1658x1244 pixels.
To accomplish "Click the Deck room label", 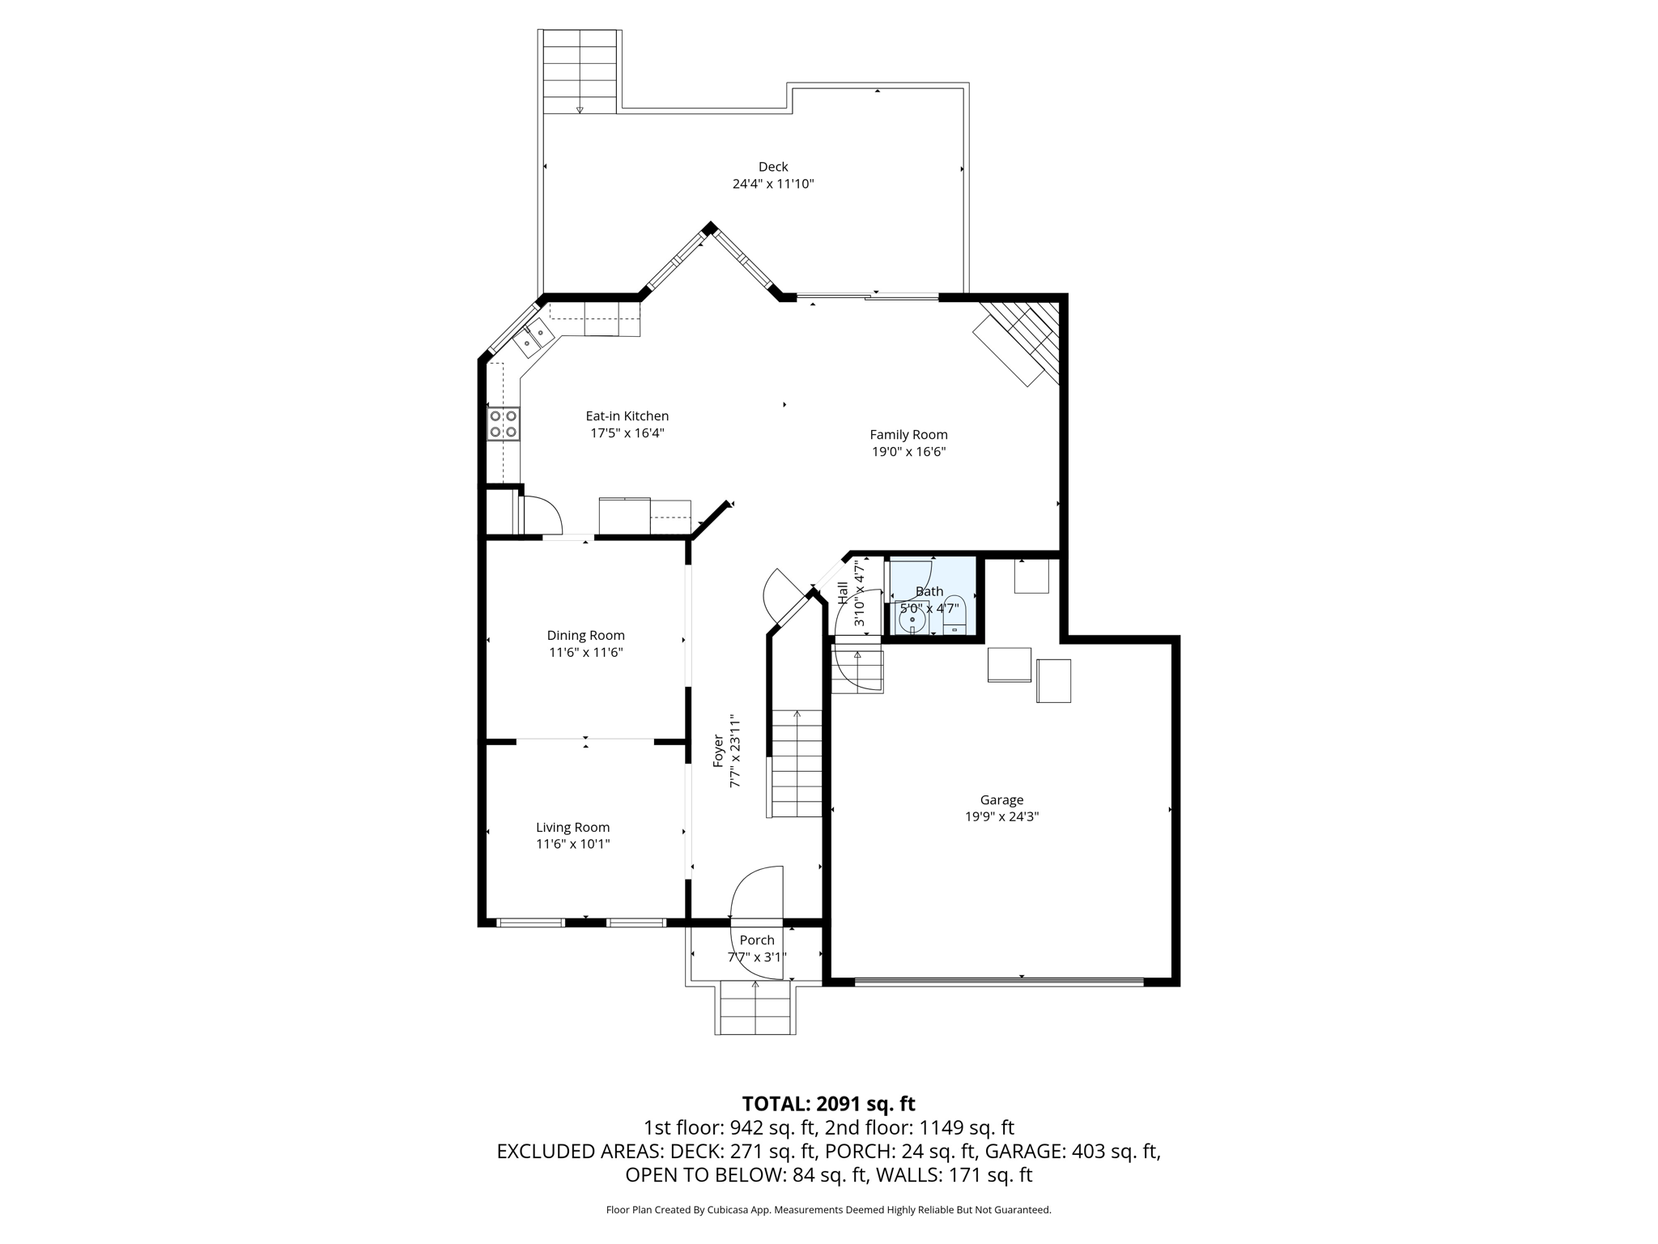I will [772, 167].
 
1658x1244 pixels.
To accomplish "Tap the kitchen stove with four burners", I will [503, 424].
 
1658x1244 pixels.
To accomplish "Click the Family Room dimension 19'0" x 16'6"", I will [908, 452].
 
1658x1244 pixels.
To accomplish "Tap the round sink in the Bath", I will [912, 620].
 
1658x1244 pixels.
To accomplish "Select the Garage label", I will [1001, 799].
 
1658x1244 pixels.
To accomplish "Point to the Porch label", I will [757, 940].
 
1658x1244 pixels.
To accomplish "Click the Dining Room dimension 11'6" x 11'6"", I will [585, 652].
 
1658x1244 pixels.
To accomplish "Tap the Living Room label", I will [572, 827].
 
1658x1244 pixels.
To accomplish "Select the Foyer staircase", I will [797, 764].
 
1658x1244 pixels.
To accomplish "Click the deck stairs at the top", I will [580, 71].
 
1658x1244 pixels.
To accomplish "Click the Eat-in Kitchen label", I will [627, 416].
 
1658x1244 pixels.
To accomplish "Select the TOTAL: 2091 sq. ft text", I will [828, 1104].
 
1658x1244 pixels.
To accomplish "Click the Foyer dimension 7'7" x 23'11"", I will [735, 751].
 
